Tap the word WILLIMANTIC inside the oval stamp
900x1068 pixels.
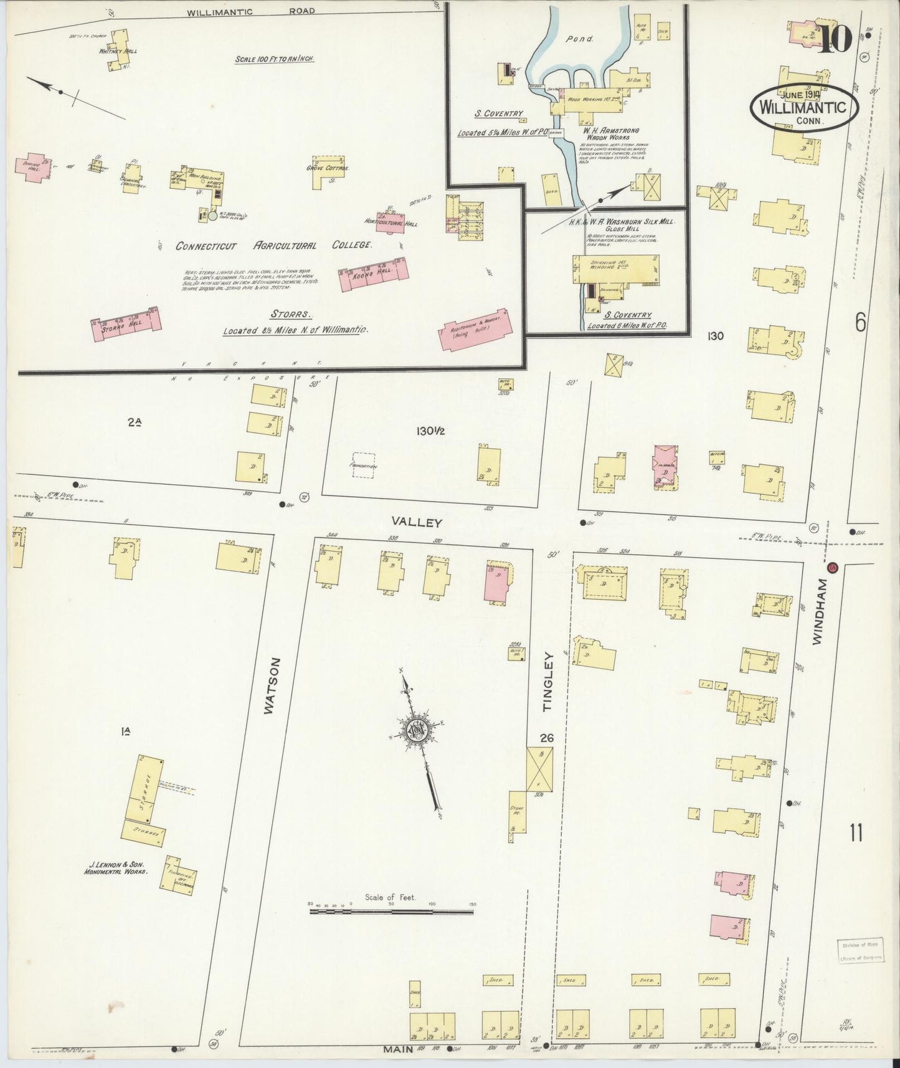tap(803, 107)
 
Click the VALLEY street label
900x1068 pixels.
tap(417, 522)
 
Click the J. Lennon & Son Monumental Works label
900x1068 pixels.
tap(116, 868)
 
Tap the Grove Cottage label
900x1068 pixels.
tap(328, 168)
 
